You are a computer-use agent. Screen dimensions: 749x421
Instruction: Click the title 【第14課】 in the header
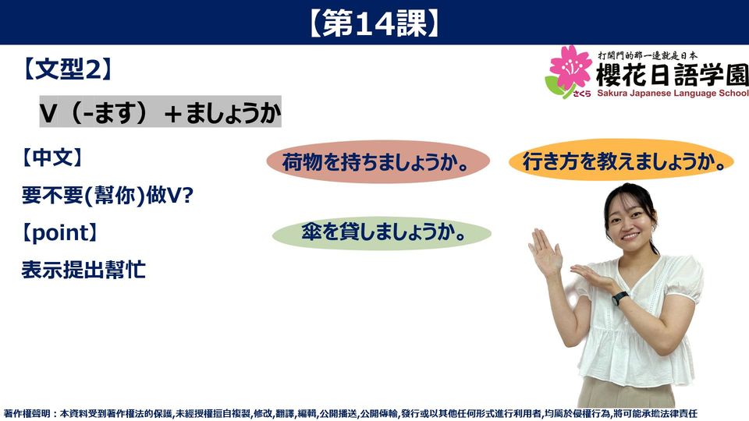pyautogui.click(x=374, y=23)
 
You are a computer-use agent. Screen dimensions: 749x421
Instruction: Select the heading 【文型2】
pyautogui.click(x=67, y=69)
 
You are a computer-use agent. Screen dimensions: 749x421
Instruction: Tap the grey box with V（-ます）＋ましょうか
pyautogui.click(x=160, y=111)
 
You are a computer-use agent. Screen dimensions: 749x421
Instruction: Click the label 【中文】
pyautogui.click(x=51, y=157)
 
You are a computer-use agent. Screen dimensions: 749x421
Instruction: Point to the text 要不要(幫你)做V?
pyautogui.click(x=108, y=195)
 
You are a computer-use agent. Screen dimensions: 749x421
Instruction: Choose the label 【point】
pyautogui.click(x=59, y=233)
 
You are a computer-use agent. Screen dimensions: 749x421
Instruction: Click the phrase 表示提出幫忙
pyautogui.click(x=83, y=271)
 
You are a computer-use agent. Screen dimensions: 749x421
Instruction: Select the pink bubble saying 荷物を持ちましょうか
pyautogui.click(x=378, y=162)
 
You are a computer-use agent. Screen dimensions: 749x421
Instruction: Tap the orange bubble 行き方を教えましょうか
pyautogui.click(x=622, y=161)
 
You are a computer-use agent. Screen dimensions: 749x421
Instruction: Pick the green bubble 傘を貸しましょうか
pyautogui.click(x=382, y=233)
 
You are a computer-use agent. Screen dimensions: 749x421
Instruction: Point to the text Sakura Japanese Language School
pyautogui.click(x=673, y=93)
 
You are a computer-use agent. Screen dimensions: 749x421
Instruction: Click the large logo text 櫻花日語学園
pyautogui.click(x=672, y=74)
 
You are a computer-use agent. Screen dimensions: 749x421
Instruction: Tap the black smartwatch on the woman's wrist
pyautogui.click(x=619, y=299)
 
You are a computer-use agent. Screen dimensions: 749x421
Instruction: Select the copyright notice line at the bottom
pyautogui.click(x=350, y=413)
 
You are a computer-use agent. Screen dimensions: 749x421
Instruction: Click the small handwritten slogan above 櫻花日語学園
pyautogui.click(x=648, y=55)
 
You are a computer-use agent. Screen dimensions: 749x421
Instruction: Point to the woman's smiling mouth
pyautogui.click(x=630, y=236)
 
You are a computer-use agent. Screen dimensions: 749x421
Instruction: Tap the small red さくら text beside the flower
pyautogui.click(x=582, y=94)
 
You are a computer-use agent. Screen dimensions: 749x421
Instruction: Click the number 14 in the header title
pyautogui.click(x=374, y=23)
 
